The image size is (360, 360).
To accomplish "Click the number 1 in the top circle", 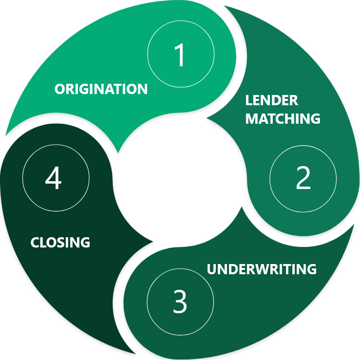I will tap(180, 55).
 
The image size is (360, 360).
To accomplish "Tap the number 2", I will tap(303, 179).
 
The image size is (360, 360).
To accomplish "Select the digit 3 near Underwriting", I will tap(180, 302).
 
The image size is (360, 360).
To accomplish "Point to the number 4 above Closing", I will tap(54, 179).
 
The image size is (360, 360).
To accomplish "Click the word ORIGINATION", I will tap(101, 89).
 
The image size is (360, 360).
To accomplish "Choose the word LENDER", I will tap(271, 101).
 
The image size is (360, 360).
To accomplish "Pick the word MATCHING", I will tap(283, 118).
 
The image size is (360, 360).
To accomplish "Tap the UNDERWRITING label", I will tap(262, 269).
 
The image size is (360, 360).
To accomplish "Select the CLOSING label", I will tap(60, 242).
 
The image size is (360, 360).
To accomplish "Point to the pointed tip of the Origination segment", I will tap(118, 152).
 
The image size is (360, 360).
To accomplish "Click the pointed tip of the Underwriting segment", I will tap(242, 207).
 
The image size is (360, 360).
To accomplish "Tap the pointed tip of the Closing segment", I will tap(153, 242).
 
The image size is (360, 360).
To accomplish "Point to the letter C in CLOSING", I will tap(35, 242).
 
